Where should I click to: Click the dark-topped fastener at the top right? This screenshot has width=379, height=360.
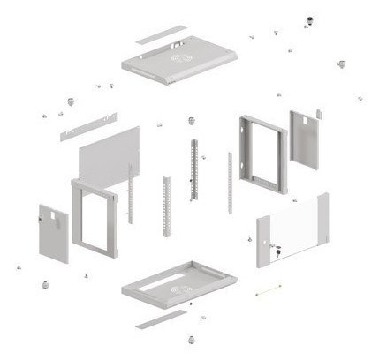(308, 18)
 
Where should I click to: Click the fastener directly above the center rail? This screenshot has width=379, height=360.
(190, 118)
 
